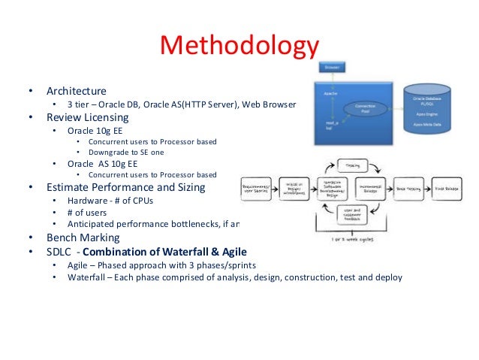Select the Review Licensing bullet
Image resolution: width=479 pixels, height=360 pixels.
tap(88, 117)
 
